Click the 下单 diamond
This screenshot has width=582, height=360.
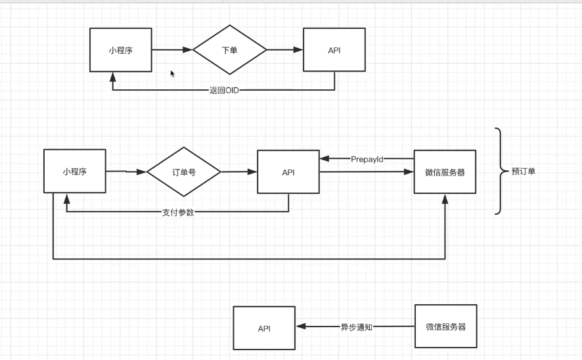pos(230,50)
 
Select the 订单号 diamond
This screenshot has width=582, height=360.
pos(184,172)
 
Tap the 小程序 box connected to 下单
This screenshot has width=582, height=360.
pos(121,50)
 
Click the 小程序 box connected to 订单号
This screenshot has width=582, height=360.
pos(75,171)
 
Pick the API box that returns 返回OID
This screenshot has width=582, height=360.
pos(334,50)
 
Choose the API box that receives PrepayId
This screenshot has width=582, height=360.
pos(288,172)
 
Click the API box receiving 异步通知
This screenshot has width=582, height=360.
pos(263,328)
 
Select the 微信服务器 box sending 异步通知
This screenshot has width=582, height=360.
pos(445,326)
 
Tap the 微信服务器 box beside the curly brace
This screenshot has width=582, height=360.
pos(445,172)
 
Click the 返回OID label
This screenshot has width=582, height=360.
pos(224,90)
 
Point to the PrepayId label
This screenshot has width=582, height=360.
pos(367,158)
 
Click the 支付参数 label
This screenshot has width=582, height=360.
pos(177,212)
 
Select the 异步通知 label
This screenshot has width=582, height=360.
pos(356,326)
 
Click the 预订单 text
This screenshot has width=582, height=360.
pos(523,172)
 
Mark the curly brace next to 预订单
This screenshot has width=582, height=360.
pos(500,171)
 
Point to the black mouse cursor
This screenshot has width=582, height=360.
pos(173,74)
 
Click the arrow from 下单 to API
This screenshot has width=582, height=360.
pos(284,50)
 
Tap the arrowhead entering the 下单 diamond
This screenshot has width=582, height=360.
pos(188,50)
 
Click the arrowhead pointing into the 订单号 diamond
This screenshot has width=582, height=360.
pos(141,172)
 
